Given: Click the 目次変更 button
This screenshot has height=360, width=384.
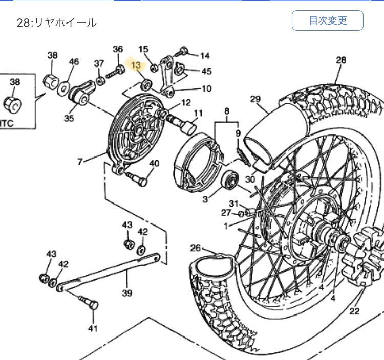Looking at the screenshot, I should [327, 21].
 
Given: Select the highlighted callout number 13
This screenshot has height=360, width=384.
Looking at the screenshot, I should [136, 65].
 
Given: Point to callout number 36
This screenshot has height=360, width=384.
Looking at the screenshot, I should [118, 49].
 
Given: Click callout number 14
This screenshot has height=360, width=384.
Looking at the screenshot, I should [205, 55].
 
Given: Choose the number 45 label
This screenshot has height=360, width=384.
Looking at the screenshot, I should [206, 71].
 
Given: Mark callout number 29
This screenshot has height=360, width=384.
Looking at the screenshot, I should [255, 99].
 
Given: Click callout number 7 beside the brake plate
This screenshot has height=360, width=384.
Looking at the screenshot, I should [80, 162].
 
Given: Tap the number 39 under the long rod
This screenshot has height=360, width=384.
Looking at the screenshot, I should [126, 293].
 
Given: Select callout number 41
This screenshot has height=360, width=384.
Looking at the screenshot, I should [92, 328].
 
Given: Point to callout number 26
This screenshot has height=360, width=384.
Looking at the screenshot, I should [196, 248].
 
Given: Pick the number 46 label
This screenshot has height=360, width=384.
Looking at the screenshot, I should [74, 62].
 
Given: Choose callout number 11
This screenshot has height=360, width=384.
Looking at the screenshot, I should [198, 113].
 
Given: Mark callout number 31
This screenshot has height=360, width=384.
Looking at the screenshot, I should [233, 204].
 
